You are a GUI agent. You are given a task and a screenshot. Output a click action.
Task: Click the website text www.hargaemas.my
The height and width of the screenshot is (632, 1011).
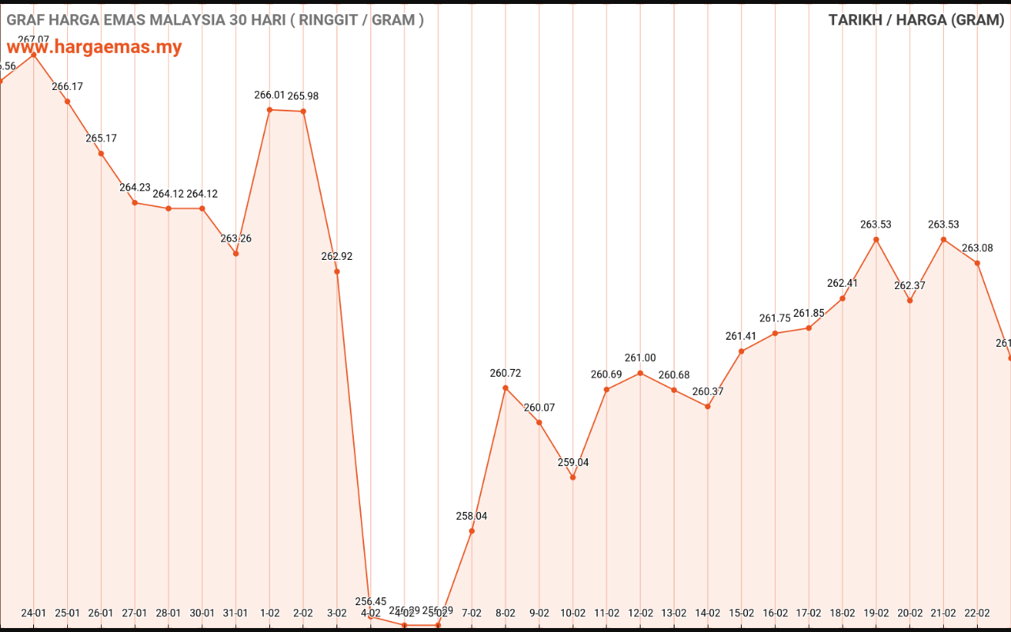(x=95, y=47)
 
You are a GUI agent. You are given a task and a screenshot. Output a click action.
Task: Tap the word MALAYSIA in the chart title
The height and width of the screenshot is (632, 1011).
(x=179, y=20)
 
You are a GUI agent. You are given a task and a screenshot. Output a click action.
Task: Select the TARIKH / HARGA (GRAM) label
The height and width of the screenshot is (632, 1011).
(x=915, y=20)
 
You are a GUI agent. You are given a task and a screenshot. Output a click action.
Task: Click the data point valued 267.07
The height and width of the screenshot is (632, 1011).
(x=33, y=55)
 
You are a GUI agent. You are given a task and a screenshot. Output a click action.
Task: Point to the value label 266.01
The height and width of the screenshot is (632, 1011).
(x=269, y=95)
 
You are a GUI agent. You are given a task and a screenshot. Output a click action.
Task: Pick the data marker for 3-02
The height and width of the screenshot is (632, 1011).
(x=337, y=272)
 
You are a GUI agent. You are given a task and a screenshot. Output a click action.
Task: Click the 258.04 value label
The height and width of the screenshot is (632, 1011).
(x=472, y=516)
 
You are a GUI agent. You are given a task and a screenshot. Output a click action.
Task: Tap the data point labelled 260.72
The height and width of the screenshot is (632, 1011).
(x=505, y=388)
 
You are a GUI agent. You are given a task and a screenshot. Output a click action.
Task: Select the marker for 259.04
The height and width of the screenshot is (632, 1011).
(x=573, y=477)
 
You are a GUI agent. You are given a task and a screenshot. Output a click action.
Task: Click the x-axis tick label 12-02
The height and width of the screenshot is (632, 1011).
(x=641, y=613)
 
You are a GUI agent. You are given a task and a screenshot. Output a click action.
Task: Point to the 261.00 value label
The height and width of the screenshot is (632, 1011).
(x=641, y=358)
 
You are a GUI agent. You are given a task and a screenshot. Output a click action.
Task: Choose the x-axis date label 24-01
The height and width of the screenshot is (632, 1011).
(x=33, y=613)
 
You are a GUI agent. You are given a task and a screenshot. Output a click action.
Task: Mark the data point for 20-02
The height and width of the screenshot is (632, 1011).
(x=910, y=300)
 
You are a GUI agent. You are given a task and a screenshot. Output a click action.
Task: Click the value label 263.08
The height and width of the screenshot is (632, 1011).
(x=977, y=248)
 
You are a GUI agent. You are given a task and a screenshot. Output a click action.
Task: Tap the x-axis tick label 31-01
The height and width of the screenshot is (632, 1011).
(x=235, y=613)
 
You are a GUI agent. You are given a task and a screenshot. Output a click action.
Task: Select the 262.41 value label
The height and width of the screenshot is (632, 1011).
(x=842, y=283)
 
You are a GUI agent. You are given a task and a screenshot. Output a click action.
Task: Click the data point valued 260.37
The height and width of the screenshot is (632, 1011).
(x=708, y=406)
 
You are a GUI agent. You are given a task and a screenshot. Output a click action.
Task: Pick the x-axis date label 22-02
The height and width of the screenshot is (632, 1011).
(x=977, y=613)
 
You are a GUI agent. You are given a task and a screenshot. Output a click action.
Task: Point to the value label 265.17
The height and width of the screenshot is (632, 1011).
(x=101, y=138)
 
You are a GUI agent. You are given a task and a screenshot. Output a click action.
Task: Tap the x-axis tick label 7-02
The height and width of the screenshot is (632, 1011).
(x=472, y=613)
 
